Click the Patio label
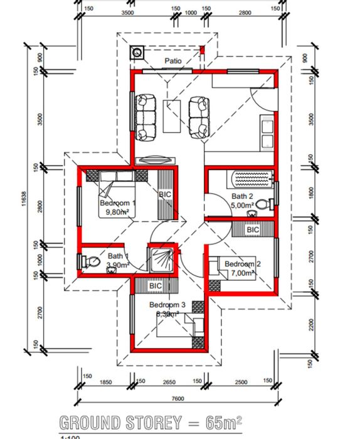(174, 61)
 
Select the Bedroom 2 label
(242, 264)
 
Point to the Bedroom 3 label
(167, 305)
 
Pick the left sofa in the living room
(147, 116)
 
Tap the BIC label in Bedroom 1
(165, 195)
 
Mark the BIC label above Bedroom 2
(253, 230)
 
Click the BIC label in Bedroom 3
(156, 286)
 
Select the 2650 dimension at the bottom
(168, 381)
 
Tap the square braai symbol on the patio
(137, 53)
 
